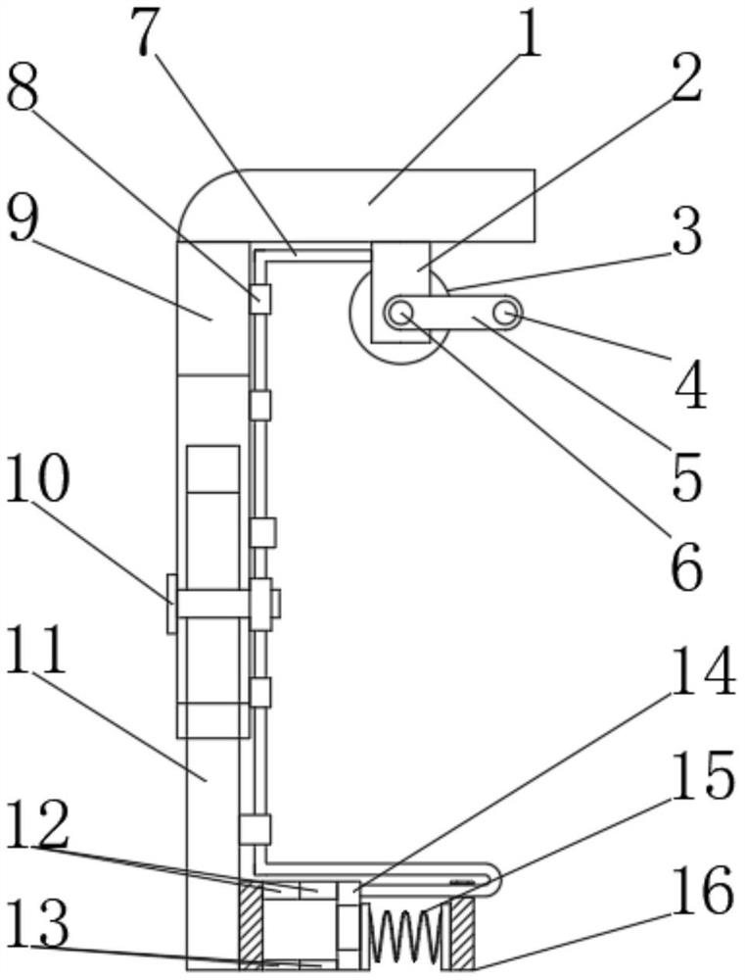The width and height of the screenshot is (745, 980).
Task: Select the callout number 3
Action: tap(685, 235)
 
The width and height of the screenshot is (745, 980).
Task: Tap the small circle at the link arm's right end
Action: tap(505, 313)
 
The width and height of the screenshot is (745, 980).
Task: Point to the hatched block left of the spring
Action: tap(252, 926)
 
